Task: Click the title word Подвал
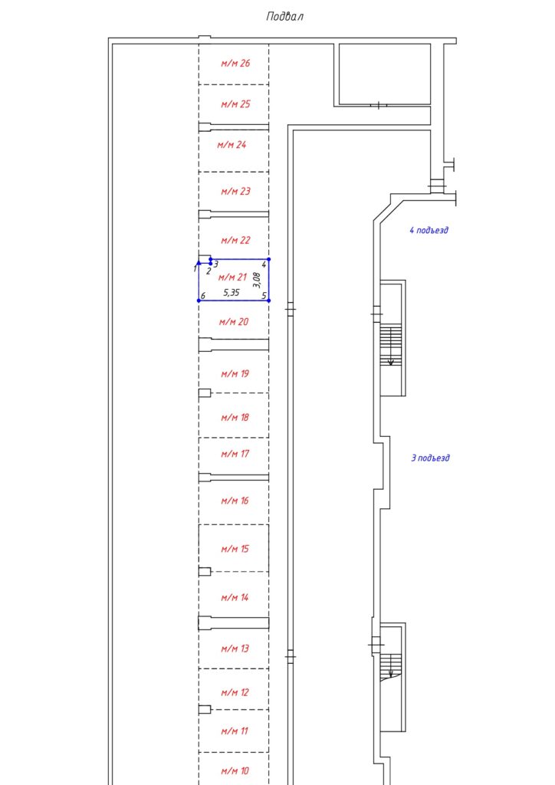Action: tap(284, 16)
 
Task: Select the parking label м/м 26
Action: tap(235, 63)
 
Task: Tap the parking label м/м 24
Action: tap(231, 144)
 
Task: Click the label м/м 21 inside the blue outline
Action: tap(232, 277)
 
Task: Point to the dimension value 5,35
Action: tap(232, 292)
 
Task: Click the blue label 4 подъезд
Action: tap(429, 230)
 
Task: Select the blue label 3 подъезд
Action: tap(430, 458)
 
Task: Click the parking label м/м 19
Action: tap(235, 374)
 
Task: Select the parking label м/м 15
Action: tap(235, 549)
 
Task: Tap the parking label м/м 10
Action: tap(235, 770)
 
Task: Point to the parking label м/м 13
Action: tap(235, 649)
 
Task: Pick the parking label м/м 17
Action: tap(235, 454)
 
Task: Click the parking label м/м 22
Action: tap(235, 240)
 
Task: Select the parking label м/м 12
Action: tap(235, 692)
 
